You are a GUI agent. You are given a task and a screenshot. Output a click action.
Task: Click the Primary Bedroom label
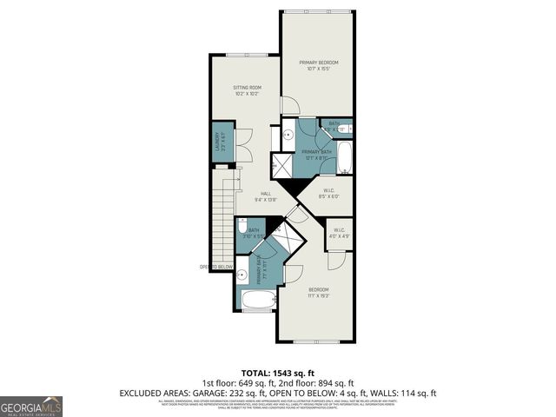click(318, 65)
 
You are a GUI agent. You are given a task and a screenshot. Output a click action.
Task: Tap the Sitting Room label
click(247, 89)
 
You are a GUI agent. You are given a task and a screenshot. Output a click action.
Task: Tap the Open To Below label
click(217, 267)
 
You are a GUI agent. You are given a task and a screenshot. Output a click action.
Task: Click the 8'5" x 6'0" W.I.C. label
click(328, 194)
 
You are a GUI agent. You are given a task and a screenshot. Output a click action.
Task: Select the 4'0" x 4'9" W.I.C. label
click(338, 233)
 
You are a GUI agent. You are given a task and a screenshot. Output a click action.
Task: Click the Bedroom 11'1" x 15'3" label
click(319, 292)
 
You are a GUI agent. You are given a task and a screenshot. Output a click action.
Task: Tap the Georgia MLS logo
click(30, 406)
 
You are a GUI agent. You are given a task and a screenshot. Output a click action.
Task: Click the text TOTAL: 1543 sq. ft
click(277, 372)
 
